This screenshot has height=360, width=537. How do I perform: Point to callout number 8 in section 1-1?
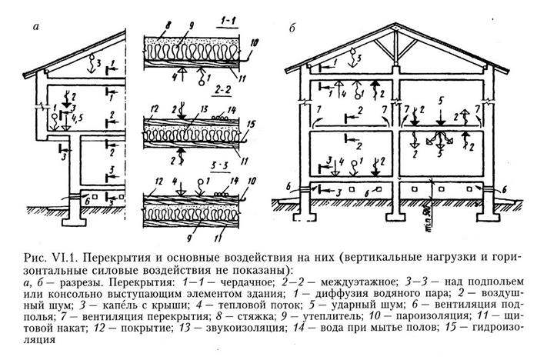168,26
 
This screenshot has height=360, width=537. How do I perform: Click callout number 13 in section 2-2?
204,109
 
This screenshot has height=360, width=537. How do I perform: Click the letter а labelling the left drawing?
36,26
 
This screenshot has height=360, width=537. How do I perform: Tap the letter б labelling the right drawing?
292,28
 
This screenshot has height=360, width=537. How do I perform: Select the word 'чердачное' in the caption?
248,282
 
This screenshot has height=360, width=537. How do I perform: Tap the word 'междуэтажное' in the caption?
359,282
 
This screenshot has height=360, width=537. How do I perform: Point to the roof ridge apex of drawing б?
395,25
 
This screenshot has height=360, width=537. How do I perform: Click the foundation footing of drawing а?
73,222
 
